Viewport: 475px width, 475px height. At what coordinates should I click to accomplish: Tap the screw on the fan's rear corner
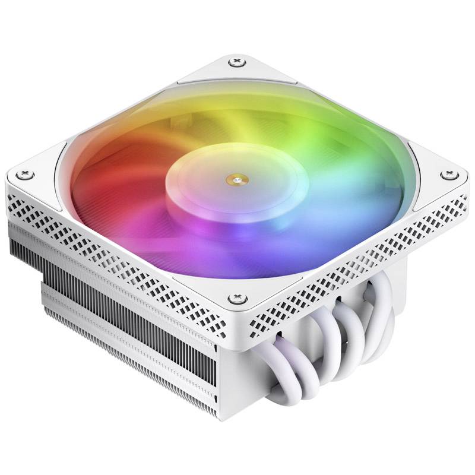237,61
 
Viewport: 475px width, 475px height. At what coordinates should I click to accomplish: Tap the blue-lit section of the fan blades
332,220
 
